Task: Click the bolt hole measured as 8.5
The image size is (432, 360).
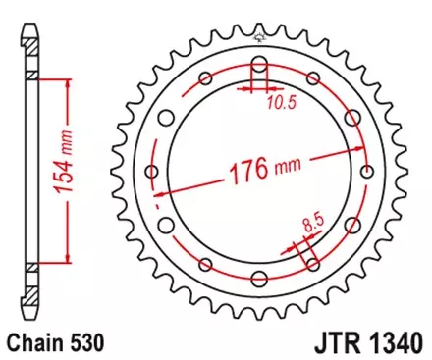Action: [311, 263]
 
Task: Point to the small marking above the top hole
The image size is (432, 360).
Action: [258, 39]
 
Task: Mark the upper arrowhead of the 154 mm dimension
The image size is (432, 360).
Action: [67, 82]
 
